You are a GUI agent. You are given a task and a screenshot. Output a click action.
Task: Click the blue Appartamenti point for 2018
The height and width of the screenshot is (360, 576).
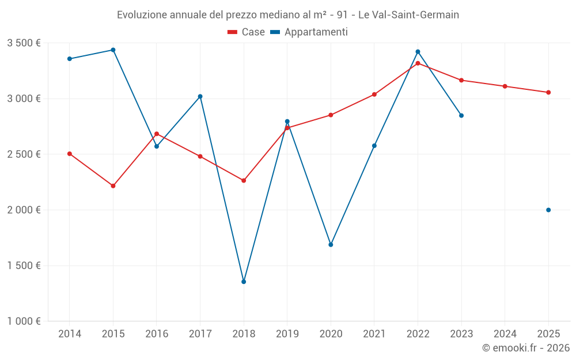coord(244,282)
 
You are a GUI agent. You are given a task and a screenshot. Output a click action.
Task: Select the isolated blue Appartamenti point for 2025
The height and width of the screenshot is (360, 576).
coord(548,210)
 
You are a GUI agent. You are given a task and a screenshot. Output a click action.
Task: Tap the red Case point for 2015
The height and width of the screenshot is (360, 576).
coord(113,186)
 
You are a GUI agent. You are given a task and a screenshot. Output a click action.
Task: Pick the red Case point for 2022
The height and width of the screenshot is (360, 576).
coord(418,63)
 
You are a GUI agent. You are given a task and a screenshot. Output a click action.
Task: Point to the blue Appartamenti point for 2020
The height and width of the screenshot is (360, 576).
coord(331,245)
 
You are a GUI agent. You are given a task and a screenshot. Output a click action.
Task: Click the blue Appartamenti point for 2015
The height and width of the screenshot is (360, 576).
coord(113,50)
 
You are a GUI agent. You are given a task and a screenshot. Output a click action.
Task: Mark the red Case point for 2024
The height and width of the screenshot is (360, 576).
coord(505,86)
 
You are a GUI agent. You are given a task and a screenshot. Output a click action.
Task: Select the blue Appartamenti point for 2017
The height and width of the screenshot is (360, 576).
coord(200,96)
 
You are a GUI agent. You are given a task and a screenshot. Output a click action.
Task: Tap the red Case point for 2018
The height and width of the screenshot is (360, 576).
coord(244,180)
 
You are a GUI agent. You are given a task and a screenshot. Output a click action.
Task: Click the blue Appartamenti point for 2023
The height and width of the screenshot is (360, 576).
coord(461,116)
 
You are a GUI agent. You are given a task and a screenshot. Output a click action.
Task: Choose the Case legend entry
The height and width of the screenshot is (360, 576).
coord(246,32)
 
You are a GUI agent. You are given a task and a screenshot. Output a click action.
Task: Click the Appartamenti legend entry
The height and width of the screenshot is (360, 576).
coord(309,32)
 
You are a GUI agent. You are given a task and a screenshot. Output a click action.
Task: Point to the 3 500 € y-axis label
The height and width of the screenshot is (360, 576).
coord(24,43)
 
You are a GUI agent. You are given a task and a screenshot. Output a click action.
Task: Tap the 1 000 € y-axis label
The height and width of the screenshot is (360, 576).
coord(24,321)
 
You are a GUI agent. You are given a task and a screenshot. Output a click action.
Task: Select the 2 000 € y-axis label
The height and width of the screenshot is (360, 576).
coord(24,210)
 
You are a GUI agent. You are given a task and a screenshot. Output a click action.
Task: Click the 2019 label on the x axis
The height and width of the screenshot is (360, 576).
coord(287,334)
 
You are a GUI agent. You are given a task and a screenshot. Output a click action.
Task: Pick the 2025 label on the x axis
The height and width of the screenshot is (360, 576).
coord(548,334)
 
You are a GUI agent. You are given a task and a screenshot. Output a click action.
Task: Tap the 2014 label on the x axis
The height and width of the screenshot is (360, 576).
coord(70,334)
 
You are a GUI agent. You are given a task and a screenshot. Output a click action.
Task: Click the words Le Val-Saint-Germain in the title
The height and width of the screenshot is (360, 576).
coord(408,15)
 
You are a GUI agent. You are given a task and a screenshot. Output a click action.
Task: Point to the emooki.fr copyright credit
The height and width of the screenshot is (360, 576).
coord(526,348)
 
